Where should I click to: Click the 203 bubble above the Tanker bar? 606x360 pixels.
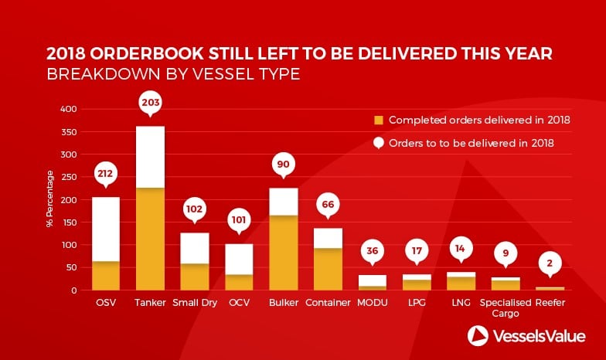pos(150,104)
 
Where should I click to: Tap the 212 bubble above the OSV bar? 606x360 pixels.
pos(105,175)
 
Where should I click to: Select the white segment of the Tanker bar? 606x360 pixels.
pos(150,157)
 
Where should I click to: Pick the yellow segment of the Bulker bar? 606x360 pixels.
pos(284,253)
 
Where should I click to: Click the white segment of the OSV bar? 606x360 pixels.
pos(106,229)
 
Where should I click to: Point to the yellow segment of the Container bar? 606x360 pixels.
pos(328,269)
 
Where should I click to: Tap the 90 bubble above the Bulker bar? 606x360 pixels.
pos(283,165)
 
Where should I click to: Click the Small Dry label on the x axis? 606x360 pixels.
pos(195,303)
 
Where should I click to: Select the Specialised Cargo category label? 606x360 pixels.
pos(506,307)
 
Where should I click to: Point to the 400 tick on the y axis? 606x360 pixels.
pos(68,110)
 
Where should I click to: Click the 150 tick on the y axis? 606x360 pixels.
pos(69,222)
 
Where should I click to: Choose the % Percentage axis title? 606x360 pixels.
pos(49,199)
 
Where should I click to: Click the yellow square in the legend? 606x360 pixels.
pos(379,121)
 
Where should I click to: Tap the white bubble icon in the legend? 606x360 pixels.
pos(379,144)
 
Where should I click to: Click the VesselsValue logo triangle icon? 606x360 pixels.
pos(478,335)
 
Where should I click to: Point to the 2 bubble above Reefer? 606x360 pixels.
pos(550,264)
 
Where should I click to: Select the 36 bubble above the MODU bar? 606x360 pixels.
pos(373,252)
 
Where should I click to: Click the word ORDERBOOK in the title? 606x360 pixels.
pos(147,54)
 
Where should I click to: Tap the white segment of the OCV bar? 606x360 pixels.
pos(240,260)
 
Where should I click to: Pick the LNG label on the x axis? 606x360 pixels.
pos(461,303)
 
